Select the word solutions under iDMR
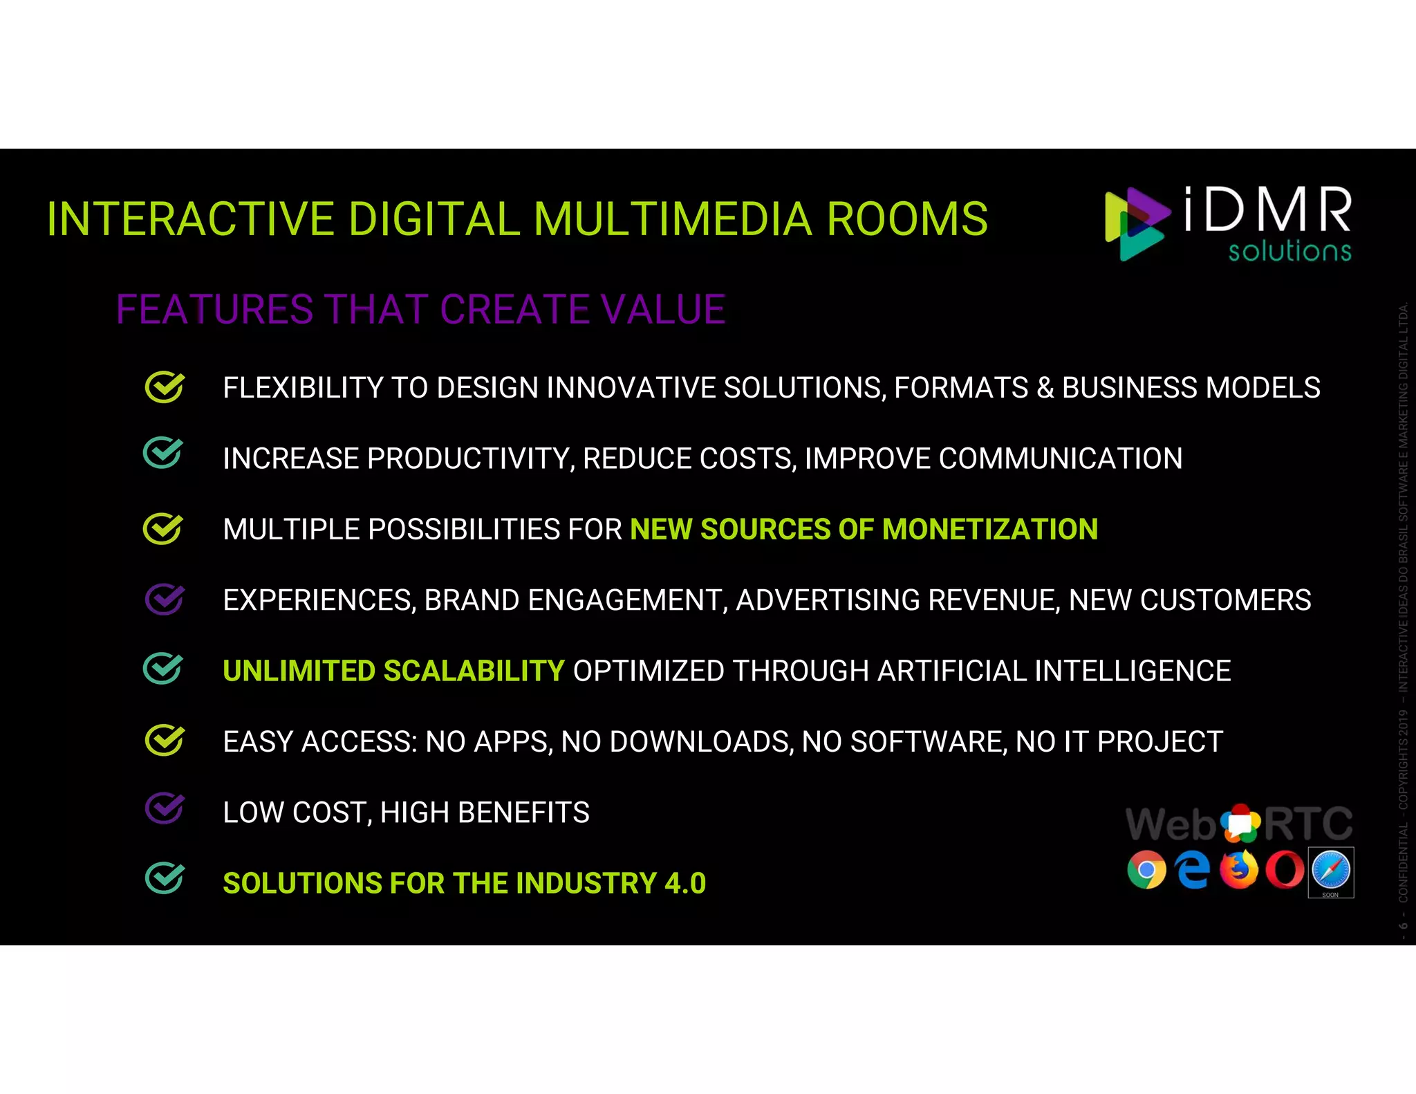point(1289,251)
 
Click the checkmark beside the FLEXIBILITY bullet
point(165,387)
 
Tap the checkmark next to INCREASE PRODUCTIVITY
point(163,454)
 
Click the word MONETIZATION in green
point(989,530)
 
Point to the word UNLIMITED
point(299,671)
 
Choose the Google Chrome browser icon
point(1146,870)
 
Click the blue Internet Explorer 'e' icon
point(1193,870)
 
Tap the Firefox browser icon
point(1239,870)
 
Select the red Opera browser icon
point(1285,870)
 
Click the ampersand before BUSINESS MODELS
point(1045,388)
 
